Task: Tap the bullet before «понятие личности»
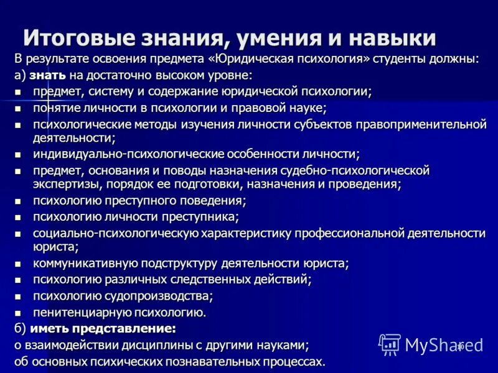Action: (x=18, y=108)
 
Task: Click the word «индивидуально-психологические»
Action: (x=114, y=154)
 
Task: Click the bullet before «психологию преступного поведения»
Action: (x=18, y=201)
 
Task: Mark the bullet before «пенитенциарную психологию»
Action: (x=18, y=313)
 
